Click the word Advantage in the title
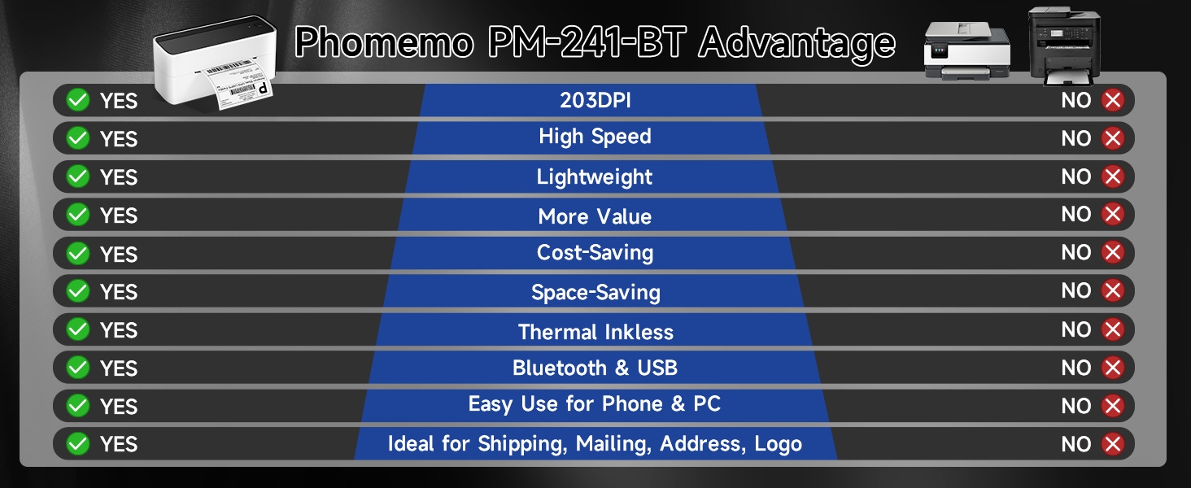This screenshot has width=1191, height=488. [x=797, y=42]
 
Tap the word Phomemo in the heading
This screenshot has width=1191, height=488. [x=384, y=42]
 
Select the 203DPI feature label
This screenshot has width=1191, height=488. [x=595, y=101]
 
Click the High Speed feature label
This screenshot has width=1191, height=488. [x=595, y=137]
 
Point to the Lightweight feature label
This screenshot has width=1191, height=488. [x=595, y=177]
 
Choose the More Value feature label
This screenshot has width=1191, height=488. [x=595, y=216]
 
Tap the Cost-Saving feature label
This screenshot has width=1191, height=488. [x=595, y=252]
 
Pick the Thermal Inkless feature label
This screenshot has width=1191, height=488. [x=595, y=332]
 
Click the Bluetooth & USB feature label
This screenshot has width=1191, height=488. [x=595, y=368]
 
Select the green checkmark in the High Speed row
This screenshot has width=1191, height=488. [x=77, y=138]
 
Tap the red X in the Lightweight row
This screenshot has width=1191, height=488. [x=1112, y=176]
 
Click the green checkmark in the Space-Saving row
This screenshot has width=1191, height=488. [x=77, y=291]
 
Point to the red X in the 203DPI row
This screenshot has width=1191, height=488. [x=1112, y=100]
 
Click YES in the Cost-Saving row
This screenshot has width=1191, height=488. [x=119, y=254]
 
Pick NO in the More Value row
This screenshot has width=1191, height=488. [x=1076, y=214]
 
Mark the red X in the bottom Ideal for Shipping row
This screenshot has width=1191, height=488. [x=1112, y=444]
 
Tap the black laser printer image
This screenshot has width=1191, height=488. [x=1064, y=46]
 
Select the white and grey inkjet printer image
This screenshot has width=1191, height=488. [x=966, y=51]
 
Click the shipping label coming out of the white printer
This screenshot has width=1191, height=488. [x=238, y=84]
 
